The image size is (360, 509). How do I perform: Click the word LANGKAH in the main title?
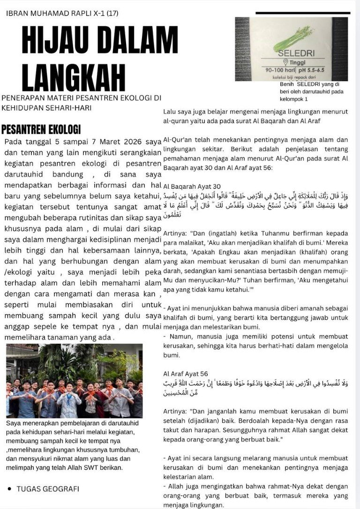pos(74,75)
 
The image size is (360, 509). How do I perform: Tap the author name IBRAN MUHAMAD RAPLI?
pos(45,13)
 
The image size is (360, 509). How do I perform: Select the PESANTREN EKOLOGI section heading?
pos(41,129)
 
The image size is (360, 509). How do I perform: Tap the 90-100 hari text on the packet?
pos(279,69)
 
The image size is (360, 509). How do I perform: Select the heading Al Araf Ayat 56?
pos(185,374)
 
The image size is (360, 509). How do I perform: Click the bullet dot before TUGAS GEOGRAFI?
pos(9,489)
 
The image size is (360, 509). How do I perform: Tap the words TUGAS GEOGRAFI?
pos(48,489)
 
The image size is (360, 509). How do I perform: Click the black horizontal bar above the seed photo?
pos(302,13)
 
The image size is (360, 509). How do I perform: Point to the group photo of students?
pos(74,381)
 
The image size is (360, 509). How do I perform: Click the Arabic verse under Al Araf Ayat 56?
pos(255,387)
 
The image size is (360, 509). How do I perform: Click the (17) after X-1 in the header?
pos(112,13)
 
